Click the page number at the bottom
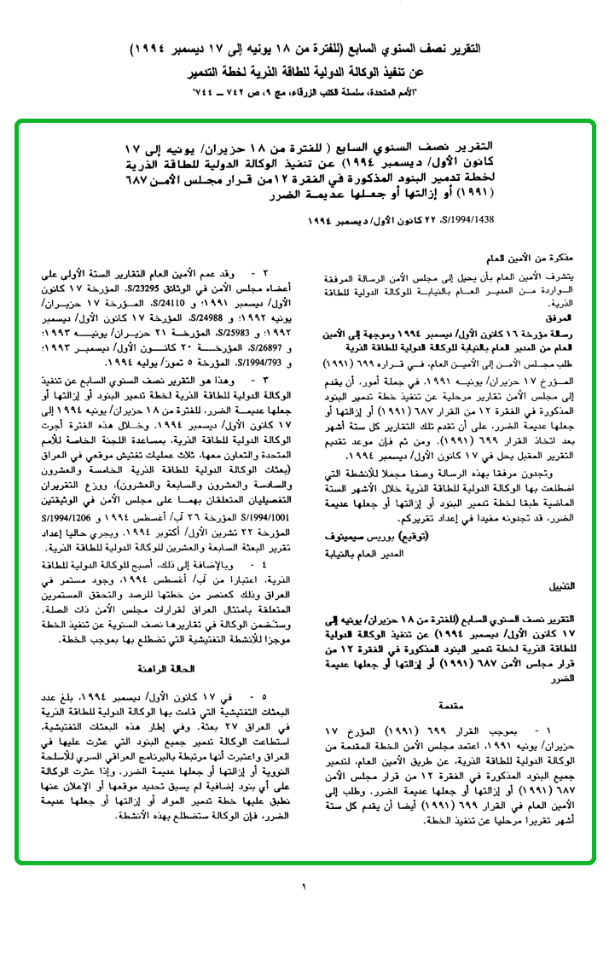(x=303, y=888)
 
